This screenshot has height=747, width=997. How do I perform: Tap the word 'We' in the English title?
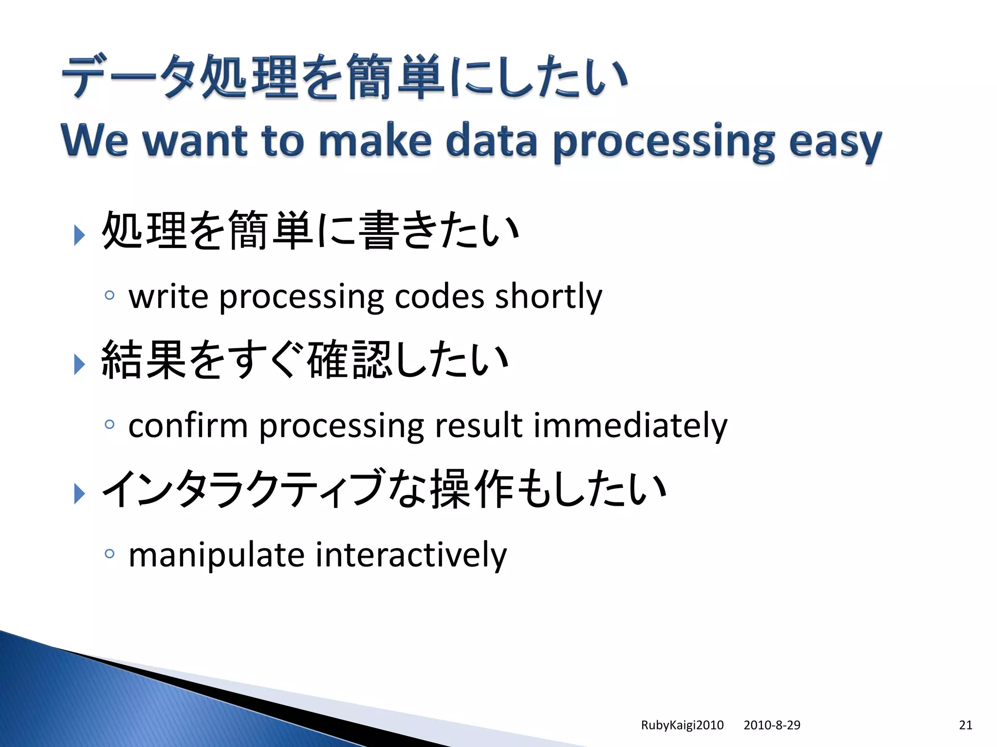(95, 141)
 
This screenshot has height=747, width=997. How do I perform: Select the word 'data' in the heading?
(491, 141)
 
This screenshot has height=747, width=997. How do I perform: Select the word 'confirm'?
(188, 426)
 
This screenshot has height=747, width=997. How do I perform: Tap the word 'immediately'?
(630, 426)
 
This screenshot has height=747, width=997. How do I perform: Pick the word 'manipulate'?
(216, 555)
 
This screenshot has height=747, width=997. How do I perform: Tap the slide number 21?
(966, 725)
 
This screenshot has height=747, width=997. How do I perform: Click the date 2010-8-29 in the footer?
(772, 725)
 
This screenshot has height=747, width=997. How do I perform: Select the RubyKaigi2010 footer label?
(682, 725)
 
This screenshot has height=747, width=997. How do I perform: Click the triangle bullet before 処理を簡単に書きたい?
(79, 235)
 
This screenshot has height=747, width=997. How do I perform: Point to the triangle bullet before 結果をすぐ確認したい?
(79, 364)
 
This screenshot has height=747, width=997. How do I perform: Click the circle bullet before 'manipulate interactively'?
(110, 553)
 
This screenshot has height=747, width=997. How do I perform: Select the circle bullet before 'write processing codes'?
(110, 295)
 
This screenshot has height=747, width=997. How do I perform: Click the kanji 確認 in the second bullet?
(349, 360)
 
